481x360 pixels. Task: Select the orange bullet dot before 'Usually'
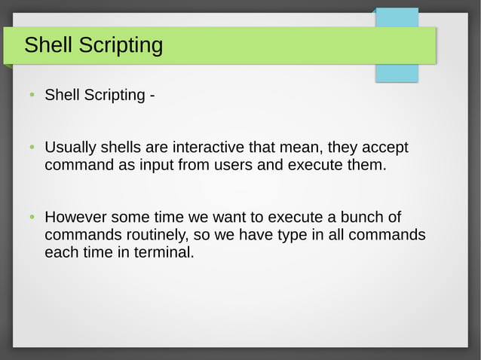(32, 146)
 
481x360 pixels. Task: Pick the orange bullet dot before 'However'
(32, 218)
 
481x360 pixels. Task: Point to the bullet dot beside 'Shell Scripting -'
(32, 96)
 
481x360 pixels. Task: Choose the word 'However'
(75, 218)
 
